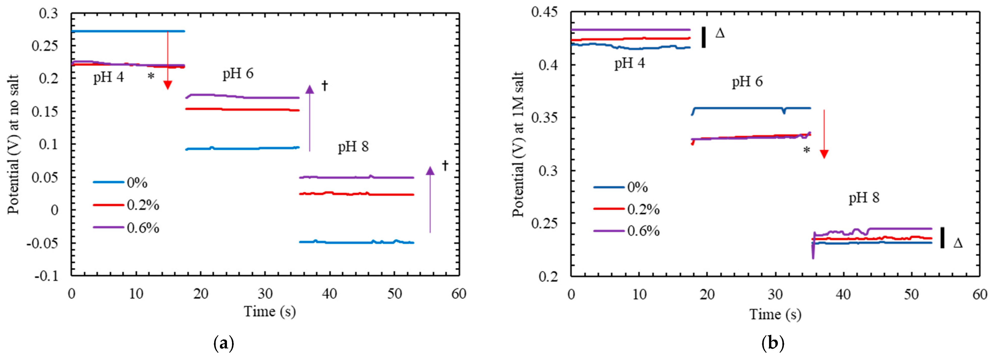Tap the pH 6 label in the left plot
tap(238, 73)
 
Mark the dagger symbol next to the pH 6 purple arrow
tap(325, 85)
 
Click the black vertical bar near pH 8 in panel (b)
tap(942, 238)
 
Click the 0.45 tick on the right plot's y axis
tap(544, 12)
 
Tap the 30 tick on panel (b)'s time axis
tap(775, 294)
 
